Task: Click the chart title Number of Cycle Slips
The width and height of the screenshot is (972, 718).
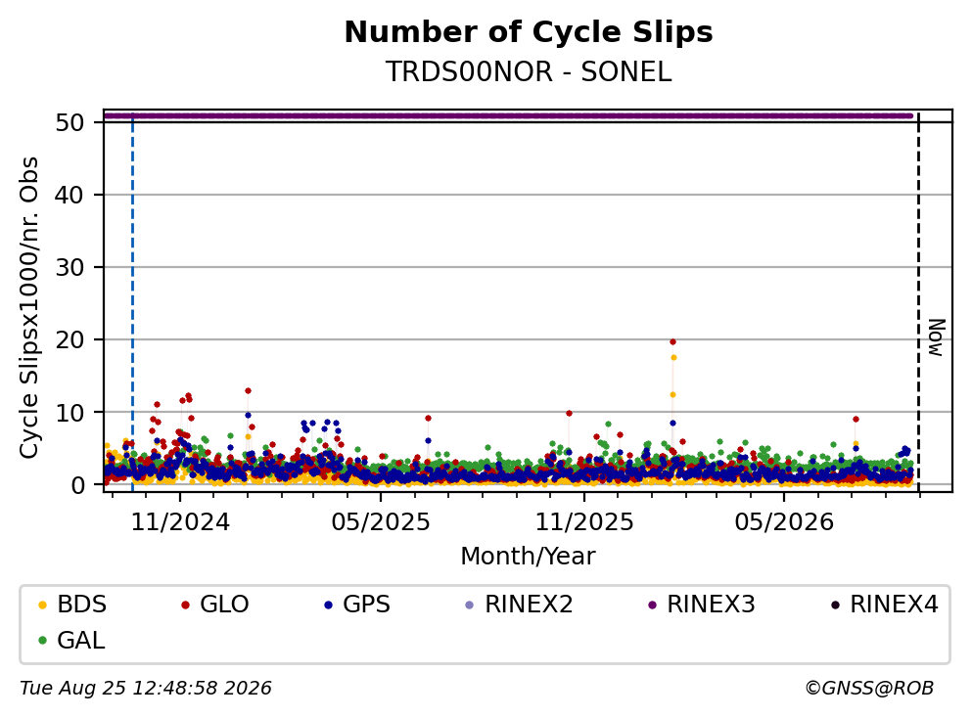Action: [x=529, y=32]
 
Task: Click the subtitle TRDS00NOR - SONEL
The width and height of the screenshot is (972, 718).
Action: [x=529, y=71]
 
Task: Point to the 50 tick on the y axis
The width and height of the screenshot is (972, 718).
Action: [x=69, y=122]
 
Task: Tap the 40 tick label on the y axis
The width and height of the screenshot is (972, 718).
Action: [x=69, y=195]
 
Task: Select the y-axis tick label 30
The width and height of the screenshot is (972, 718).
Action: [x=69, y=268]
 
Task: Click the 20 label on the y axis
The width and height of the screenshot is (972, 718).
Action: [x=69, y=339]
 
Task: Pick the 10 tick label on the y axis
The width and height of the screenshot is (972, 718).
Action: [x=69, y=412]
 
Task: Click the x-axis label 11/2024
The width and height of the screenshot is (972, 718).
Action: [x=180, y=522]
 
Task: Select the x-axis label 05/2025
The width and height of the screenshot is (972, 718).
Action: [x=381, y=522]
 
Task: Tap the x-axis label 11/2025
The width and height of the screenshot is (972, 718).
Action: [x=584, y=522]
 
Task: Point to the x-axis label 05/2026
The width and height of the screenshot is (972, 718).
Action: [x=784, y=522]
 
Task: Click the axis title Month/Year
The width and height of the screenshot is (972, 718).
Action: [x=528, y=557]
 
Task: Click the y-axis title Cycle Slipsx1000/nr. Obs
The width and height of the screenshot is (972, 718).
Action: [x=28, y=308]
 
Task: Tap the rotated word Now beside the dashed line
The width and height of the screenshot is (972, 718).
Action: [x=937, y=337]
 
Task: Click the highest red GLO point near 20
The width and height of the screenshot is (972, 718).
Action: [x=672, y=342]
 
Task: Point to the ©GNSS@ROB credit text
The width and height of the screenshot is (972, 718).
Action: [x=869, y=689]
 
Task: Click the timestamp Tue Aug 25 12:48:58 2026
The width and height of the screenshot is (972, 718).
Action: [x=146, y=689]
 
